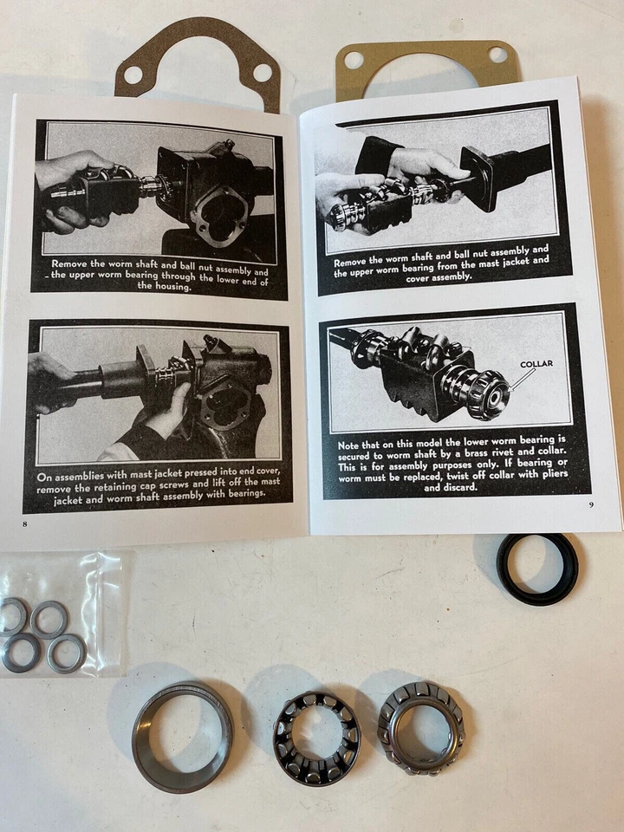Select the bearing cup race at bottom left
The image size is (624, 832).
tap(182, 735)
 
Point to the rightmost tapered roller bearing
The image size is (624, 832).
tap(420, 725)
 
